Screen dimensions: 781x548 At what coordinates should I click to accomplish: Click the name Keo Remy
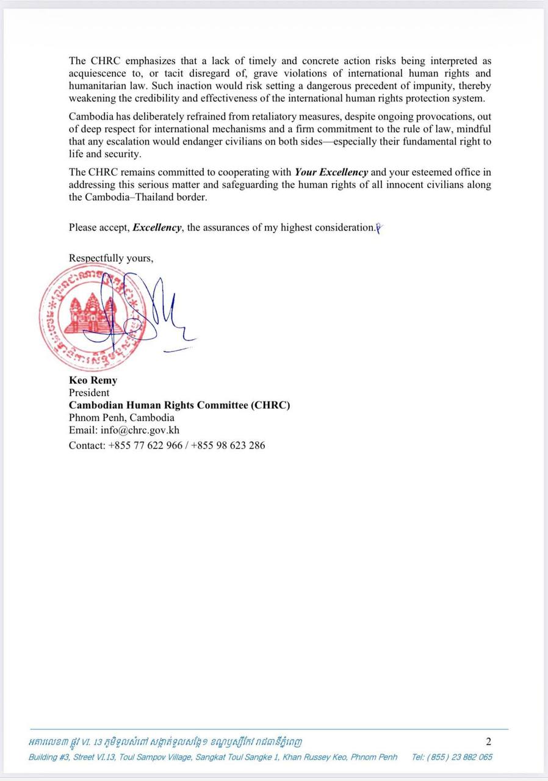tap(93, 380)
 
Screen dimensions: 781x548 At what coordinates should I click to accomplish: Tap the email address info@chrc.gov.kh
tap(140, 430)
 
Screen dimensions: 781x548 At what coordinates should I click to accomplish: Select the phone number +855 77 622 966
tap(145, 445)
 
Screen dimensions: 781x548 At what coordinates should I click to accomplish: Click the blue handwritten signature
tap(153, 311)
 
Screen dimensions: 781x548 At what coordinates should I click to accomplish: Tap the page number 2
tap(488, 742)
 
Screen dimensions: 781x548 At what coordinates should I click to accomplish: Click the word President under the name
tap(89, 393)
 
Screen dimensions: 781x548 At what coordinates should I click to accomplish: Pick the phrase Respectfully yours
tap(110, 258)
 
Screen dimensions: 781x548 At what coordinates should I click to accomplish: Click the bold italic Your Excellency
tap(331, 172)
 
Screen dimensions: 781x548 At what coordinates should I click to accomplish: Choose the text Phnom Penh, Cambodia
tap(121, 418)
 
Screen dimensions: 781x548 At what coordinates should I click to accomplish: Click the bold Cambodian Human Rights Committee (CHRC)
tap(179, 405)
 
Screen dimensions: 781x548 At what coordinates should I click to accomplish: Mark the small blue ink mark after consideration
tap(379, 229)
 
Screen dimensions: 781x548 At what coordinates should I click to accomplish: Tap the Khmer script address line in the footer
tap(165, 743)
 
